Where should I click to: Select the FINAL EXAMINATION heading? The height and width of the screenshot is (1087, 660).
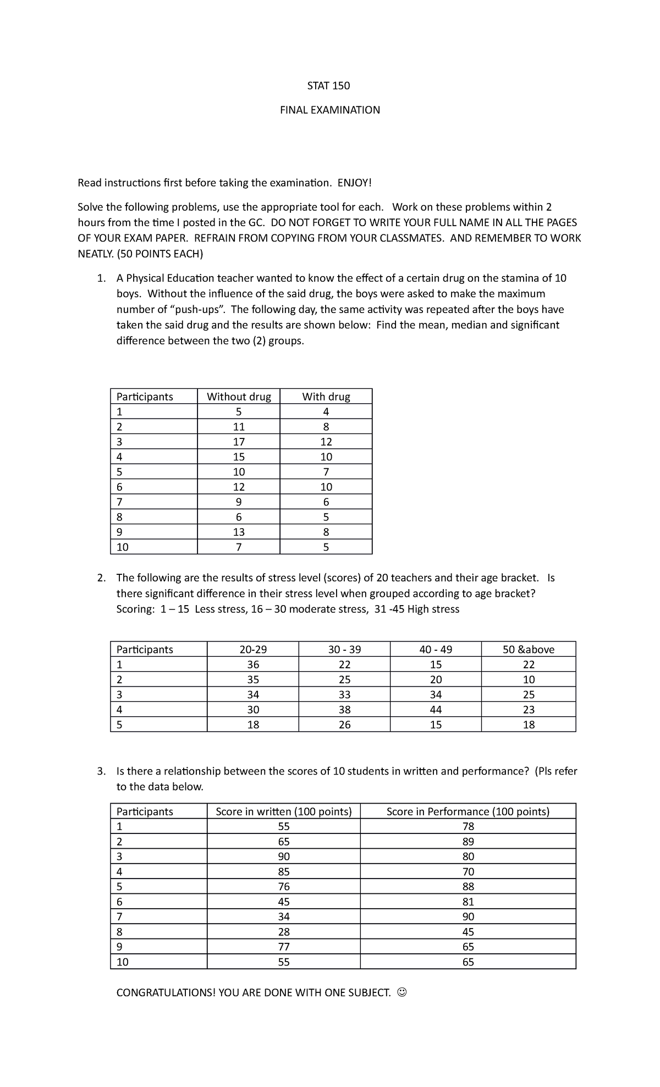pos(329,110)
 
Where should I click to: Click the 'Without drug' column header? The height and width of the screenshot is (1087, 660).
pos(239,397)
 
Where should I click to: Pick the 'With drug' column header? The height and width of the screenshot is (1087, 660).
pos(326,397)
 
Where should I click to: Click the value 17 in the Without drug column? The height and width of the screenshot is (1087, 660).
pos(239,442)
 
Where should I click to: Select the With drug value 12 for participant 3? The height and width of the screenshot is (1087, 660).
pos(326,442)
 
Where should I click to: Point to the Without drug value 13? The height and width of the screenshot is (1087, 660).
pos(239,532)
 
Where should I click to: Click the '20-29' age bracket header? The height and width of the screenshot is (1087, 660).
pos(253,649)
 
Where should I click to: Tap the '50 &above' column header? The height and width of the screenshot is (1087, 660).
pos(529,649)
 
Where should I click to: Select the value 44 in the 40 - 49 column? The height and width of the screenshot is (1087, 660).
pos(436,710)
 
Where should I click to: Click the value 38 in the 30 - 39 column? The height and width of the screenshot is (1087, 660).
pos(345,710)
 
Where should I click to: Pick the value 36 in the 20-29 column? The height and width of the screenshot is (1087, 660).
pos(253,665)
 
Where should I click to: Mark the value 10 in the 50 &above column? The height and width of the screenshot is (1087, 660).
pos(529,679)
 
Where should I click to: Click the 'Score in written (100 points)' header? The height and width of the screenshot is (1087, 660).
pos(284,811)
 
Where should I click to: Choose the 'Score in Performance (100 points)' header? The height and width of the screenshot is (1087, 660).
pos(468,811)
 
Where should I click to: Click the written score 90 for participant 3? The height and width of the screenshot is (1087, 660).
pos(284,857)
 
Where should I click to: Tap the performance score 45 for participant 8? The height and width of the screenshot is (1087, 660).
pos(468,932)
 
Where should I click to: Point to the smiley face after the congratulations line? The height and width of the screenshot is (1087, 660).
pos(402,992)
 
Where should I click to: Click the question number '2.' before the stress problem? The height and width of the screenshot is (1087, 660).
pos(101,578)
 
